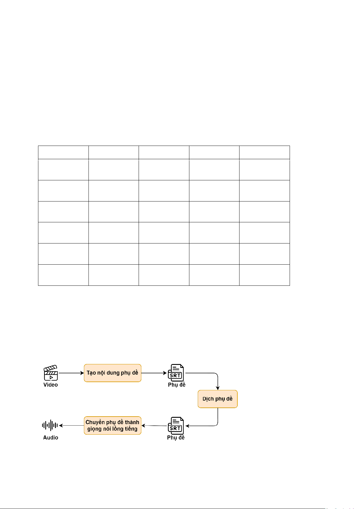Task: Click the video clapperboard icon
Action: pyautogui.click(x=51, y=373)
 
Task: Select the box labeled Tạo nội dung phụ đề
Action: pyautogui.click(x=112, y=373)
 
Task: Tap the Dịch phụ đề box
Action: pyautogui.click(x=217, y=399)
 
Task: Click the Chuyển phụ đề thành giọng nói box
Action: pyautogui.click(x=112, y=425)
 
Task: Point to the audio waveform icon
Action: pyautogui.click(x=50, y=425)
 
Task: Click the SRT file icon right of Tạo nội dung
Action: pyautogui.click(x=176, y=373)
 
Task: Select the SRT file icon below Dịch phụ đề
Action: pyautogui.click(x=176, y=426)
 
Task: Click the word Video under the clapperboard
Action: pyautogui.click(x=50, y=385)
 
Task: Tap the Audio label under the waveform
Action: pyautogui.click(x=50, y=437)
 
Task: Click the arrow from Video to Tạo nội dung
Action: pyautogui.click(x=71, y=373)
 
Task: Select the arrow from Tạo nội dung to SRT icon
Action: pyautogui.click(x=154, y=373)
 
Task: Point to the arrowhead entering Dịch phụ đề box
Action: pyautogui.click(x=217, y=388)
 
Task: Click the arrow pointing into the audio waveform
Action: pyautogui.click(x=71, y=425)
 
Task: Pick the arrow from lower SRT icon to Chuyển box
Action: pyautogui.click(x=154, y=426)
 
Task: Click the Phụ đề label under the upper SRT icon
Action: pyautogui.click(x=177, y=385)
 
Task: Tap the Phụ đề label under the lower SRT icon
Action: pyautogui.click(x=176, y=437)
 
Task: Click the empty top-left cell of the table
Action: pyautogui.click(x=63, y=152)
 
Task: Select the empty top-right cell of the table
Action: pyautogui.click(x=265, y=152)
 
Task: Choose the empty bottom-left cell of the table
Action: pyautogui.click(x=63, y=275)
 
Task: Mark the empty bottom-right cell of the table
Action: pyautogui.click(x=265, y=275)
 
